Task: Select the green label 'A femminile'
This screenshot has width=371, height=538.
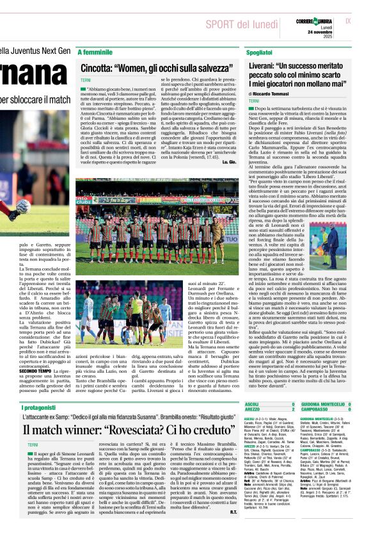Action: click(95, 52)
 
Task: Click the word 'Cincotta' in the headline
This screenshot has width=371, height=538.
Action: click(97, 67)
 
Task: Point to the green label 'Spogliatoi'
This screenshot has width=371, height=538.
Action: click(258, 52)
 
